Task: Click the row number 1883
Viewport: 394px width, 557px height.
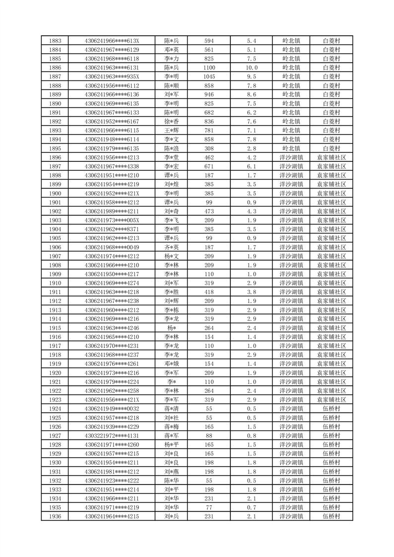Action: coord(56,41)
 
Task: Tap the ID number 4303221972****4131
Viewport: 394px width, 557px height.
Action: coord(112,435)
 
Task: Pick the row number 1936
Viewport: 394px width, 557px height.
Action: coord(56,516)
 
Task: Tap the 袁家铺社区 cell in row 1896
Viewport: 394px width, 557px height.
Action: coord(331,157)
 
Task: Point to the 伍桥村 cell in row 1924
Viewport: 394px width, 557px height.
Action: coord(331,409)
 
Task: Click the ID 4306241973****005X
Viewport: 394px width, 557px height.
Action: coord(112,220)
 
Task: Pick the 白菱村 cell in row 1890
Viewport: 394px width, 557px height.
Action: coord(331,103)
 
